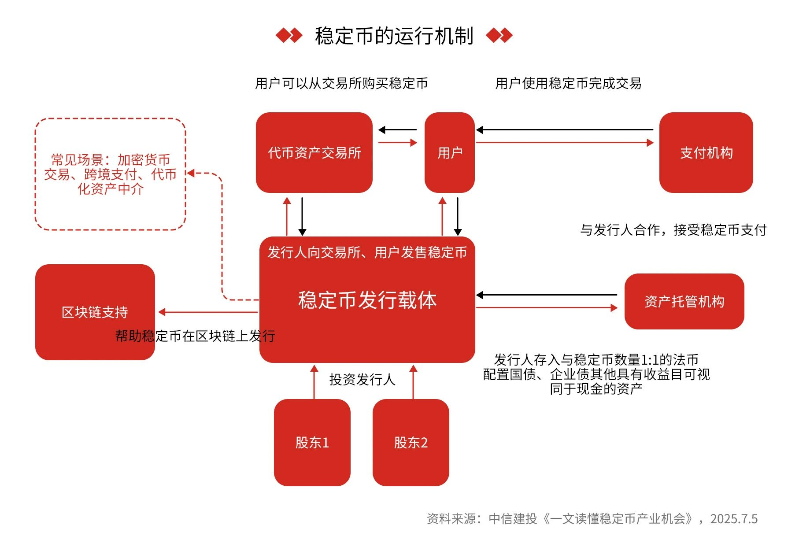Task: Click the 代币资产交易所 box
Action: pyautogui.click(x=314, y=152)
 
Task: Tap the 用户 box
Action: pyautogui.click(x=449, y=152)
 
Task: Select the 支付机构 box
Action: pyautogui.click(x=706, y=152)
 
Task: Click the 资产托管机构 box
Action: pyautogui.click(x=684, y=301)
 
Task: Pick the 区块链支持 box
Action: pyautogui.click(x=95, y=312)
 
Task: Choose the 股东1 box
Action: pyautogui.click(x=312, y=442)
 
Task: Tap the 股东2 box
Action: pyautogui.click(x=411, y=442)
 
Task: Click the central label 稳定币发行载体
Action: pyautogui.click(x=367, y=300)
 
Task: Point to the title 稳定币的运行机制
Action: pyautogui.click(x=394, y=36)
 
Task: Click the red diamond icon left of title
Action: pyautogui.click(x=289, y=35)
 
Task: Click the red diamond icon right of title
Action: pyautogui.click(x=499, y=35)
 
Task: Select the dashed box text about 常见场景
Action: pyautogui.click(x=110, y=174)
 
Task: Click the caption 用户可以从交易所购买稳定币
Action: pyautogui.click(x=341, y=83)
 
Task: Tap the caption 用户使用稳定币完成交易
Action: pyautogui.click(x=568, y=83)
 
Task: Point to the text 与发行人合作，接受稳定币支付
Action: pyautogui.click(x=673, y=229)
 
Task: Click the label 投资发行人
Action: pyautogui.click(x=362, y=379)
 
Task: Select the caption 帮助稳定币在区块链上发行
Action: pyautogui.click(x=195, y=336)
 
